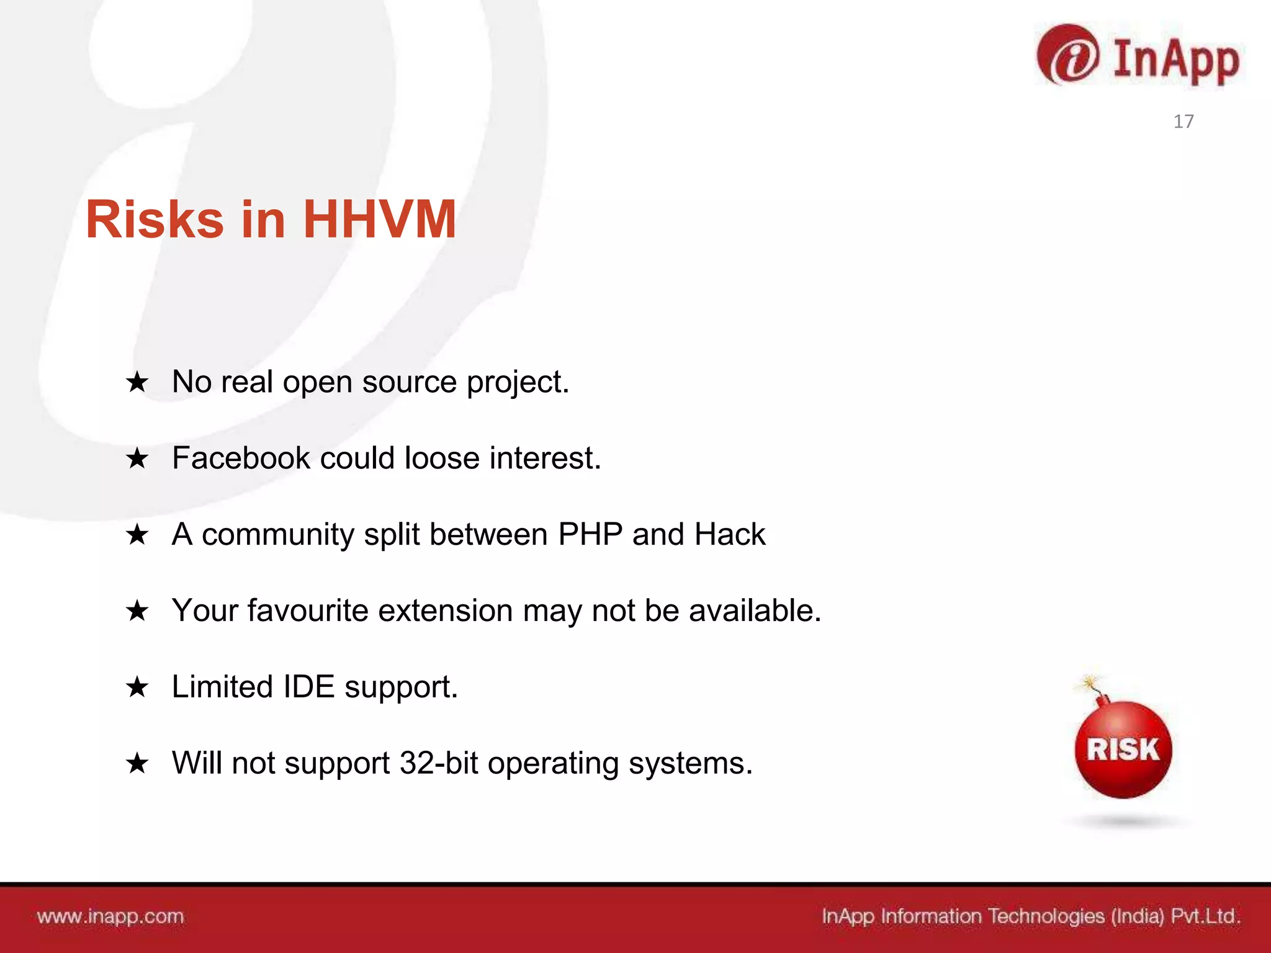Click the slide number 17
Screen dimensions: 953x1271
[1183, 121]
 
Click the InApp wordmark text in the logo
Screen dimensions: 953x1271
[1176, 61]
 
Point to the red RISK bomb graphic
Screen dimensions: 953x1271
[1123, 749]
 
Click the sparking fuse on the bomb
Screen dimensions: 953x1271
[1090, 684]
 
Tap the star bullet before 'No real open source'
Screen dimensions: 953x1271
[137, 382]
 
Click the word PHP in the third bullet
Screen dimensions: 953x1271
[590, 534]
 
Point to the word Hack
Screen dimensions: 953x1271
[729, 534]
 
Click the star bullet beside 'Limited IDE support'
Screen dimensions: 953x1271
[137, 687]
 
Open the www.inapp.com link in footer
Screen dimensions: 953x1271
[110, 916]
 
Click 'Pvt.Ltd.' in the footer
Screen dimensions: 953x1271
[1205, 916]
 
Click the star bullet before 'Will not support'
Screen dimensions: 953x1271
[137, 763]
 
